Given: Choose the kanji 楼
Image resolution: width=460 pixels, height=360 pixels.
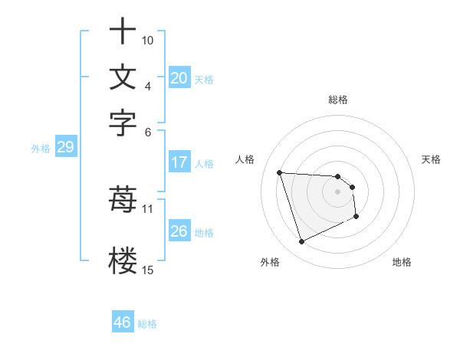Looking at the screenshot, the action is point(123,260).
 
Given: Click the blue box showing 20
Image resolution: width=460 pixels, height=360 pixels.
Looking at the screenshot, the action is point(179,78).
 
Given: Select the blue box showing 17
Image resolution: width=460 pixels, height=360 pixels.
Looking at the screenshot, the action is point(179,162).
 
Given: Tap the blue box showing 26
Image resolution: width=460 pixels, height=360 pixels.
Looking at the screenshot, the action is point(179,231).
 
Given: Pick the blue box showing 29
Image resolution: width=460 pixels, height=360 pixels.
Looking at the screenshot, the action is point(65,148).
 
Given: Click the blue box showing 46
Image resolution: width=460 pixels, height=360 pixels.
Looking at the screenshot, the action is point(122,322).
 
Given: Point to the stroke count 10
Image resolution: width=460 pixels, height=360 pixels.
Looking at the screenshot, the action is point(148,40).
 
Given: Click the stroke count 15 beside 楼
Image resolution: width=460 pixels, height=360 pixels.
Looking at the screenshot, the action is point(148,270).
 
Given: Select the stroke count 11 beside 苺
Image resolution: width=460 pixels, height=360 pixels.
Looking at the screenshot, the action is point(148,208).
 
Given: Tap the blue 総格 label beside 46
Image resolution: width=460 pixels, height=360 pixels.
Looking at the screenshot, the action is point(147,324).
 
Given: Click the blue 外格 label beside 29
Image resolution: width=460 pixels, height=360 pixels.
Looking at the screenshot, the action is point(40,149).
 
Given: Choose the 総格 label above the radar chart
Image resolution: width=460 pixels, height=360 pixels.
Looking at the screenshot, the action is point(337,100).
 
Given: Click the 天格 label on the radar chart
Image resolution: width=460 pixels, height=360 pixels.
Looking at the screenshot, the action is point(432,159).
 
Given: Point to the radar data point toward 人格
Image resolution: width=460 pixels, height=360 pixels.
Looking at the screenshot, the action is point(280,172).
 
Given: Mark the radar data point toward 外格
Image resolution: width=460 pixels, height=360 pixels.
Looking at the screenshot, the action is point(301,242).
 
